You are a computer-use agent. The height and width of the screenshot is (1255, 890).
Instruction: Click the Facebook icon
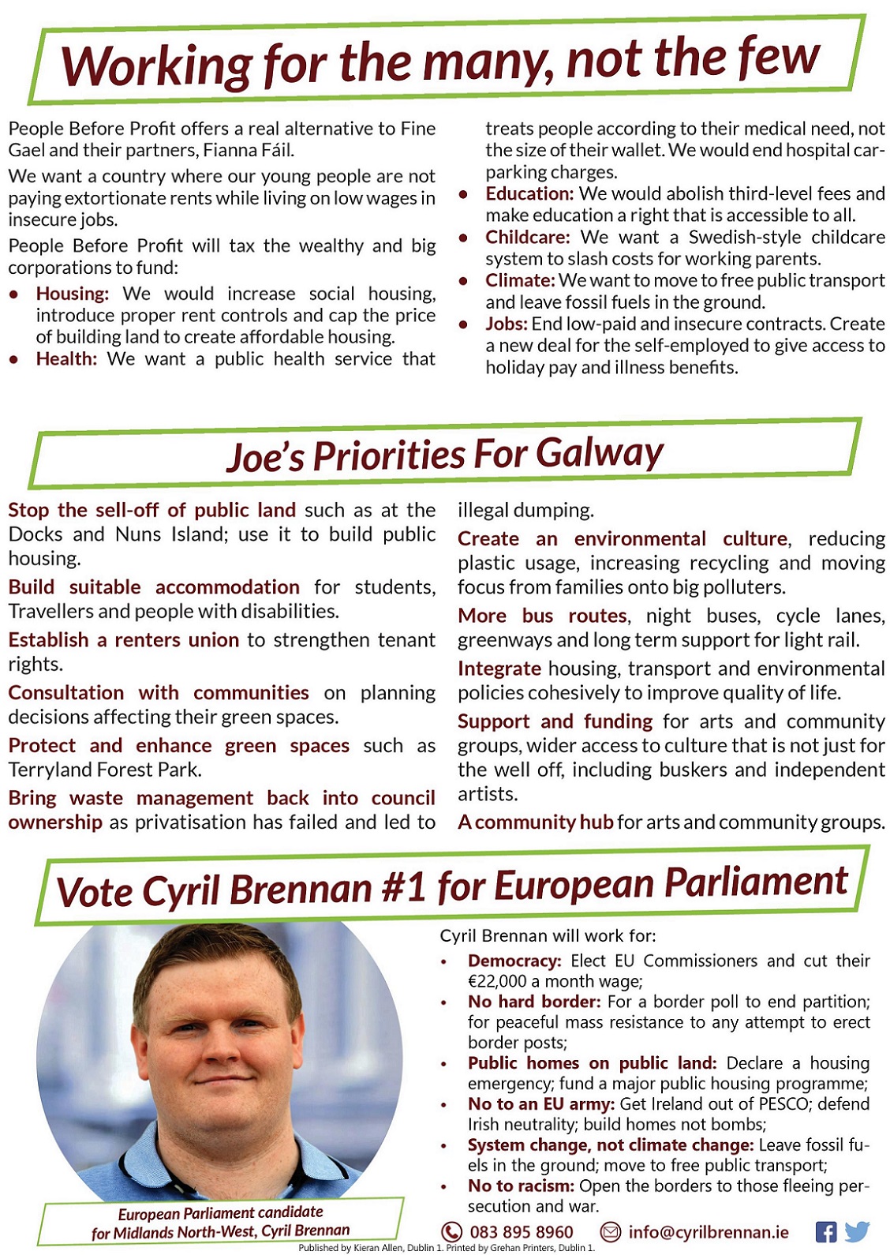[825, 1232]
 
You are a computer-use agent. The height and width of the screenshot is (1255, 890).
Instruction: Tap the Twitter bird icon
[856, 1231]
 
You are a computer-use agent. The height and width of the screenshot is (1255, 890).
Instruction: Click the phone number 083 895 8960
[522, 1232]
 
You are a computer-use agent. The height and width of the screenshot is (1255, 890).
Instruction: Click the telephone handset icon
[451, 1232]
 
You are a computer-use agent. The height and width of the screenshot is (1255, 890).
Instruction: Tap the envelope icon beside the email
[611, 1231]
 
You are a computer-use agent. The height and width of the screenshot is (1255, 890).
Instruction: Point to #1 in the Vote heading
[403, 887]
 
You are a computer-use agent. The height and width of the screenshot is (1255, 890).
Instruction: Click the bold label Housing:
[73, 294]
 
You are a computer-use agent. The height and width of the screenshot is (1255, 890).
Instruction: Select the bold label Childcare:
[527, 238]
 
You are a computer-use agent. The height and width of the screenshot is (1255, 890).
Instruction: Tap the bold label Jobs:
[506, 324]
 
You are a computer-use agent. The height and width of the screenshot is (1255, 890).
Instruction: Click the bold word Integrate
[499, 669]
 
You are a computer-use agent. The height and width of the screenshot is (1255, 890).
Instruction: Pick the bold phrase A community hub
[536, 822]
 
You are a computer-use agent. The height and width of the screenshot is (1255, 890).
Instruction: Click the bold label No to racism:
[521, 1186]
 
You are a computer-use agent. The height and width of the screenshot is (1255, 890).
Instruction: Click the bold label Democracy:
[514, 961]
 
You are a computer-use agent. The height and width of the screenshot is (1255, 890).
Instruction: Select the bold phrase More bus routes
[543, 616]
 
